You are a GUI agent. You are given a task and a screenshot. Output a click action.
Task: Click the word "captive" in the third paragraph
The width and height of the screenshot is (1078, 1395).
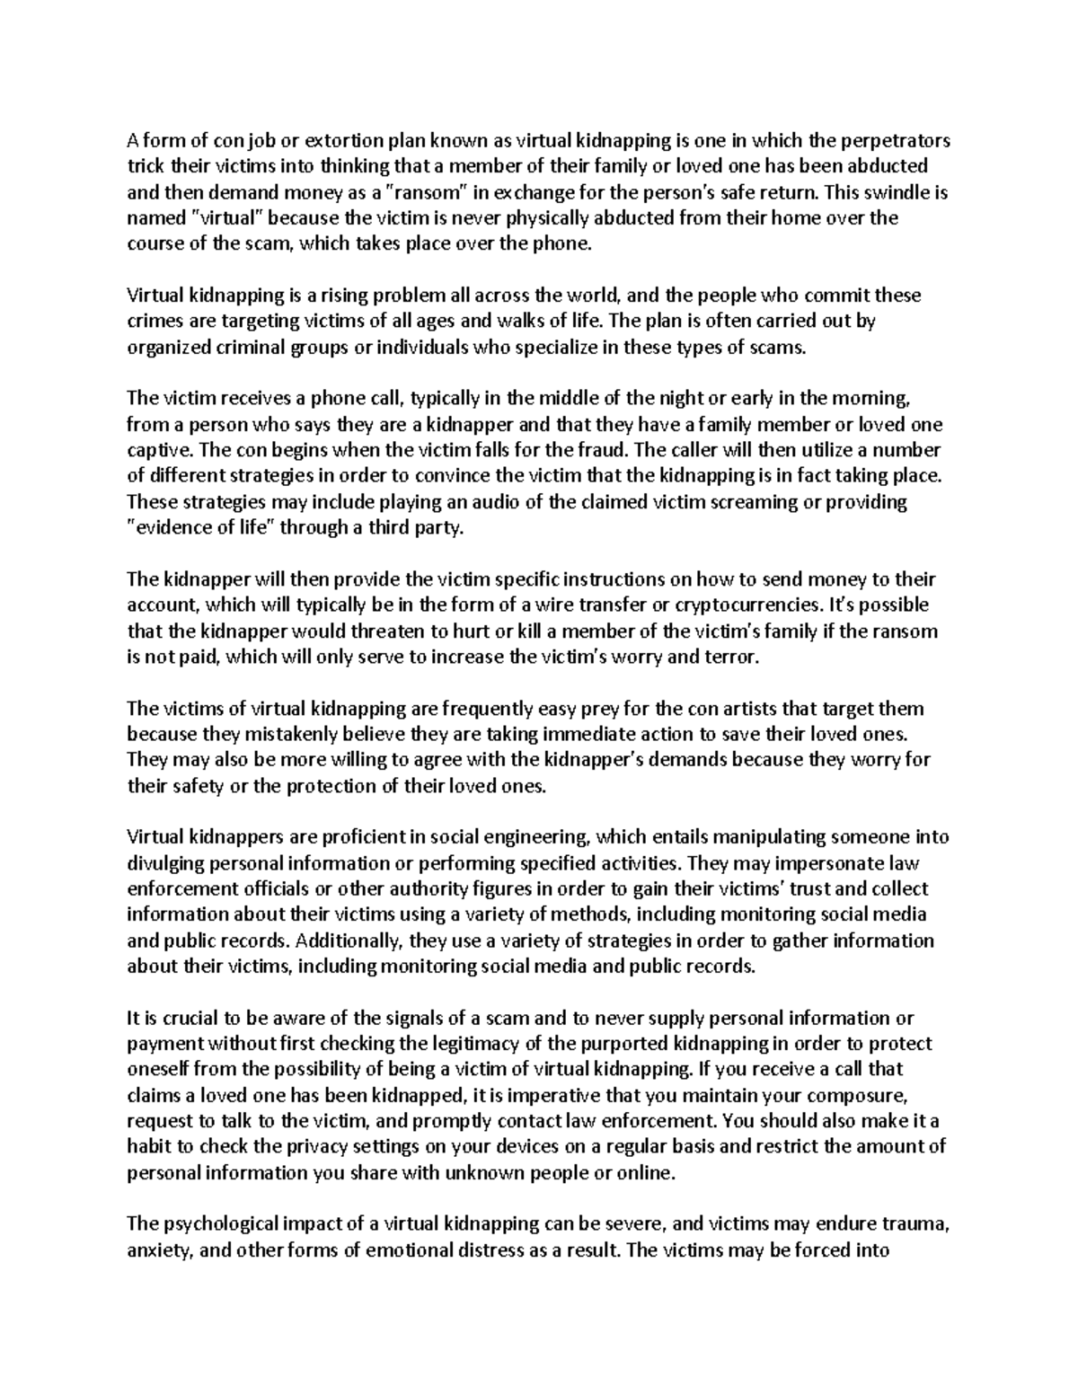156,450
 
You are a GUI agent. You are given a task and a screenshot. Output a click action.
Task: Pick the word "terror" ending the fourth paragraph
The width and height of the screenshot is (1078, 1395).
734,657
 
